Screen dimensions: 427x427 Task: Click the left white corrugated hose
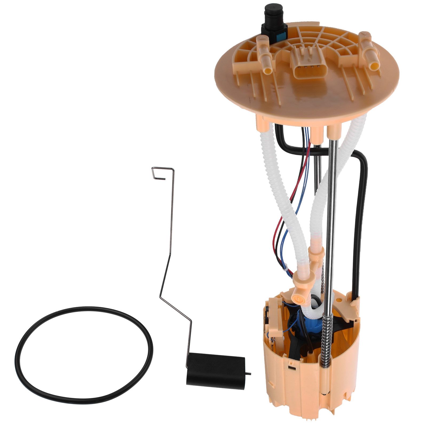(x=286, y=200)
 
